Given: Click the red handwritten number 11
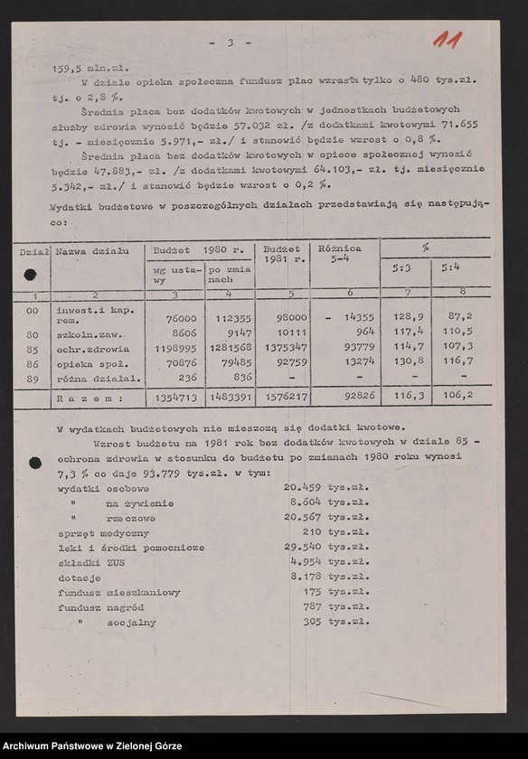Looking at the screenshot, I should (x=448, y=40).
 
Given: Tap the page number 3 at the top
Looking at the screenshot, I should (x=231, y=42).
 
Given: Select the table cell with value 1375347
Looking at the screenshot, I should (x=284, y=347).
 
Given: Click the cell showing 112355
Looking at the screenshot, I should (x=230, y=318).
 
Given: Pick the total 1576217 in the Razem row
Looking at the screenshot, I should (x=284, y=396).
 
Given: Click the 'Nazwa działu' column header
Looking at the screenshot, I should (x=92, y=249).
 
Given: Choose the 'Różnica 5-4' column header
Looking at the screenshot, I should (x=341, y=254).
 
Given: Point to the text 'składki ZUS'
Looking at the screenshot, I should (x=86, y=562).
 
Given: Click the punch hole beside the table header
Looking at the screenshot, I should (x=30, y=275).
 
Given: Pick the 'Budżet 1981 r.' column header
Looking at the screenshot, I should (x=282, y=254).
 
